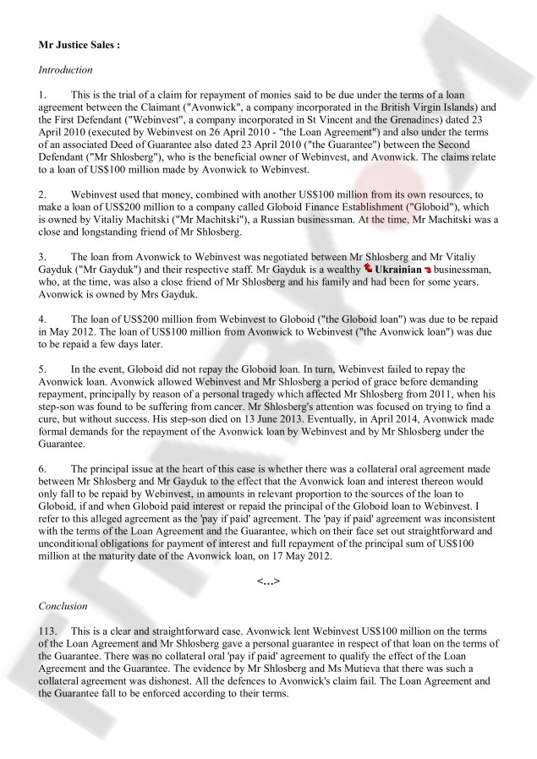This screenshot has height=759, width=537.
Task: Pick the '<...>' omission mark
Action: pos(268,582)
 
